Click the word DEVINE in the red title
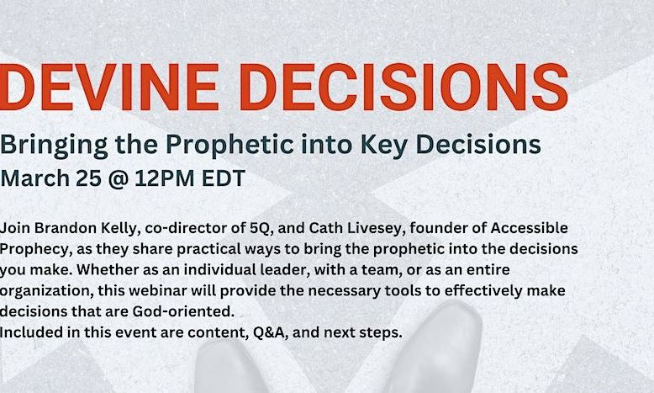(109, 87)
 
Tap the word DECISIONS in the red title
(404, 87)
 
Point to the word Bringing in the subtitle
(54, 146)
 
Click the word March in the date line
(35, 178)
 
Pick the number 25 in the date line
(89, 178)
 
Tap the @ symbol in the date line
(118, 179)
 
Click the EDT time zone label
(224, 178)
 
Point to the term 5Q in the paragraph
(261, 228)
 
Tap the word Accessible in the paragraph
(529, 228)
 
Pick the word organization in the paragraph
(46, 291)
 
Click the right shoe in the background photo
(433, 347)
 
